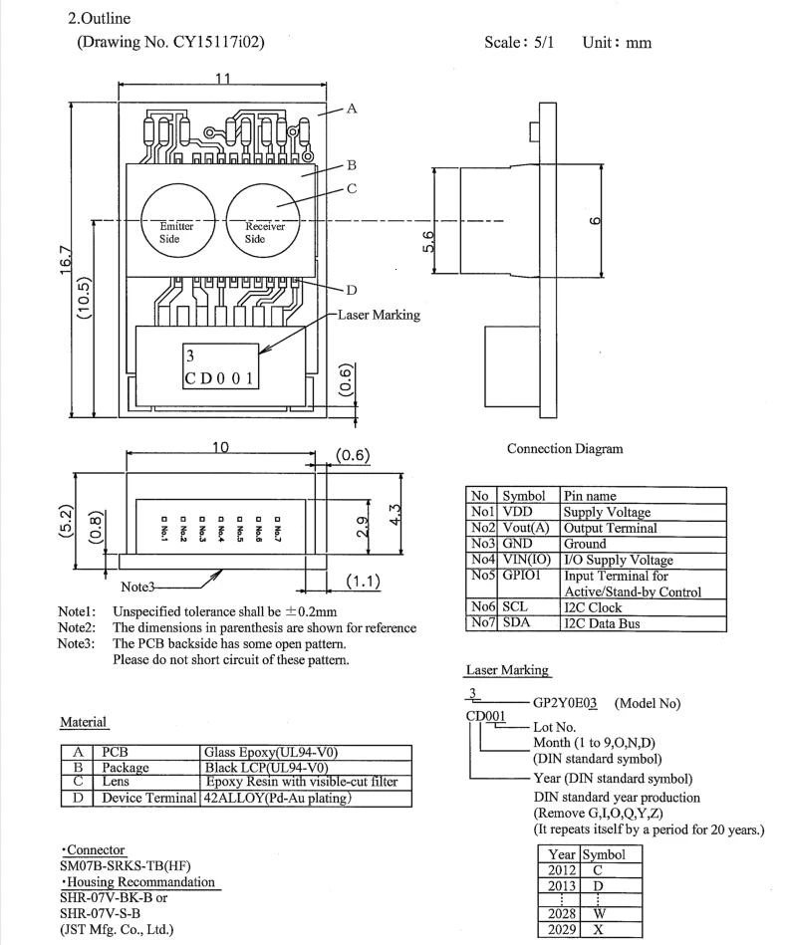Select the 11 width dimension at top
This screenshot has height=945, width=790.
[223, 80]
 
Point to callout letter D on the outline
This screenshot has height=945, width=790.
[351, 291]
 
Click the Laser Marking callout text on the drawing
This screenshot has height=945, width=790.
[379, 315]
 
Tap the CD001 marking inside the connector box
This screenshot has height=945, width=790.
[220, 378]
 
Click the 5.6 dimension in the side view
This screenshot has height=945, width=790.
[428, 242]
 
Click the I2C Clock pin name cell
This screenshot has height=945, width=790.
[593, 607]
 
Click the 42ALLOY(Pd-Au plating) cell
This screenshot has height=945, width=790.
[276, 798]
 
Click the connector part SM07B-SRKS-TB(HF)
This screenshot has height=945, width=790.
[125, 866]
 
